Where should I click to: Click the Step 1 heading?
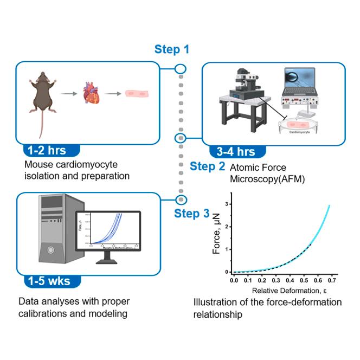[x=172, y=50]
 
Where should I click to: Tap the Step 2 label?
[x=207, y=166]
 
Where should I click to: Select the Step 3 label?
[x=191, y=214]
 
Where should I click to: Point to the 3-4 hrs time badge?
[x=232, y=151]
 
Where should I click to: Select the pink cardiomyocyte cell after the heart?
[x=134, y=93]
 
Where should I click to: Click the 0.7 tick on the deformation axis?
[x=330, y=282]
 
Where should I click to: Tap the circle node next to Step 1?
[x=181, y=69]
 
